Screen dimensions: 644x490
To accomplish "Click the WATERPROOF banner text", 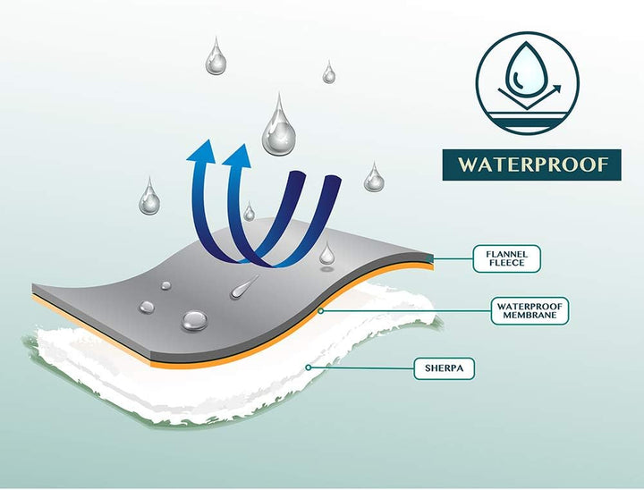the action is pyautogui.click(x=533, y=165).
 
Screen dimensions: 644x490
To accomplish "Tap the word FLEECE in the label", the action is pyautogui.click(x=507, y=263).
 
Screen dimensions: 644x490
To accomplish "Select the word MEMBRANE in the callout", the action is pyautogui.click(x=530, y=315).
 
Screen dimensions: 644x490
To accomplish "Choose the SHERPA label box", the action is pyautogui.click(x=444, y=368).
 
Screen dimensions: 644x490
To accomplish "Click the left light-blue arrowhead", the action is pyautogui.click(x=201, y=151).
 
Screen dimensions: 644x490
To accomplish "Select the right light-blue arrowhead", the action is pyautogui.click(x=237, y=156).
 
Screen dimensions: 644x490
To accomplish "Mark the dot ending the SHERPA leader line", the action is pyautogui.click(x=309, y=367).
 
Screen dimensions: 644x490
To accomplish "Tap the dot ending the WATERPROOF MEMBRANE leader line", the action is pyautogui.click(x=321, y=311).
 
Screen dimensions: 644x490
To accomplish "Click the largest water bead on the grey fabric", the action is pyautogui.click(x=194, y=320).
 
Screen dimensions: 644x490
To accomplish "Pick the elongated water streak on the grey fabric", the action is pyautogui.click(x=244, y=287).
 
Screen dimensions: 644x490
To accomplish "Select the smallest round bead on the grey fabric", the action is pyautogui.click(x=166, y=285).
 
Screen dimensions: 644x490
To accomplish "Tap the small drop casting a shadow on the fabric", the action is pyautogui.click(x=327, y=252).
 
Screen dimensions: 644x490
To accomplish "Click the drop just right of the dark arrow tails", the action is pyautogui.click(x=374, y=177).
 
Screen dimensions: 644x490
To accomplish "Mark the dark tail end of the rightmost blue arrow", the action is pyautogui.click(x=334, y=177).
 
